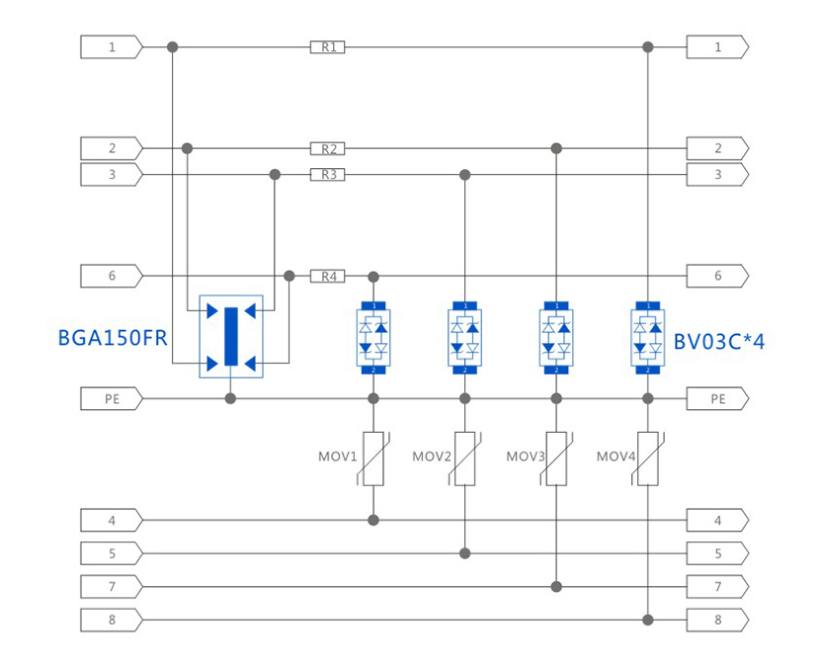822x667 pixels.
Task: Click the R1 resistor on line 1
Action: (x=327, y=46)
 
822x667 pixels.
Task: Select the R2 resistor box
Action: (x=327, y=148)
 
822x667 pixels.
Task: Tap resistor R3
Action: (x=327, y=175)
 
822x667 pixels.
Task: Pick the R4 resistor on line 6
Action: (x=327, y=276)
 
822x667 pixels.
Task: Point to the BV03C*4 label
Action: (x=719, y=342)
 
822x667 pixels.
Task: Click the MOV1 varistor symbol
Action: (x=373, y=458)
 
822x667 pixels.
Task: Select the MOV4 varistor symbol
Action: (x=648, y=458)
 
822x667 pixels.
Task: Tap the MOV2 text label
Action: (x=432, y=457)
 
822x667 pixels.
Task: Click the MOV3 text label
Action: (x=526, y=457)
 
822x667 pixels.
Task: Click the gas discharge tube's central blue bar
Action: (x=231, y=337)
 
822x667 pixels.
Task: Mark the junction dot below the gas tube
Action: (x=231, y=399)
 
